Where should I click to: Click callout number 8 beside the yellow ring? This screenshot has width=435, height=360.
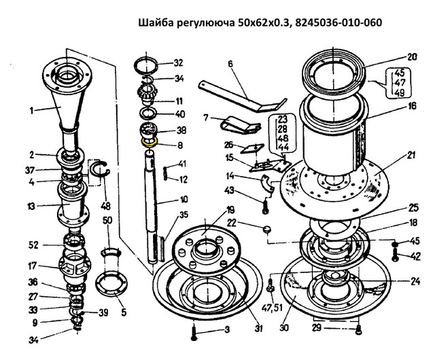pos(180,145)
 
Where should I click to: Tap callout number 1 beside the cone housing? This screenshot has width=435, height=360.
pos(32,111)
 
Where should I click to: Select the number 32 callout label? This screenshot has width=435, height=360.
pos(178,62)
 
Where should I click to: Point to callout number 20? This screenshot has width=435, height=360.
pos(412,57)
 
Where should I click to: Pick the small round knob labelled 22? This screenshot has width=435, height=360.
pos(267,230)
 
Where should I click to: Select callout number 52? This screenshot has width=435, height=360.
pos(33,245)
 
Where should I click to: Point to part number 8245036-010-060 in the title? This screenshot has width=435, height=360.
pos(338,22)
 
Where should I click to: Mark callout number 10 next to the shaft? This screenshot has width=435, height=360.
pos(184,199)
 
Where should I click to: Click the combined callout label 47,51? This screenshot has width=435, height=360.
pos(273,308)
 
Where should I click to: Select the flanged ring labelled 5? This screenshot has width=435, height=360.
pos(111,284)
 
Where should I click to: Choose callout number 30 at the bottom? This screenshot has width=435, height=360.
pos(284,328)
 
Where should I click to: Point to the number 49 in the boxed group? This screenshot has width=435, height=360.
pos(399,92)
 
